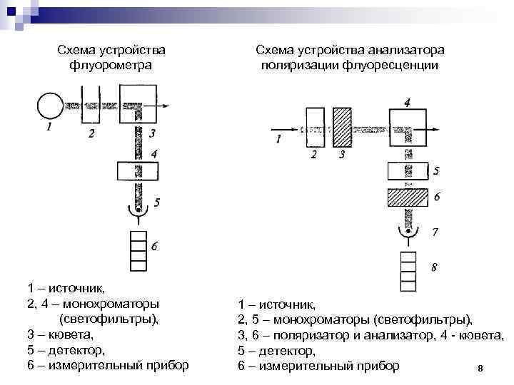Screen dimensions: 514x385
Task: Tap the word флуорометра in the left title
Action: [111, 65]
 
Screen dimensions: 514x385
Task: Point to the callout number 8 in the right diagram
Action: [435, 268]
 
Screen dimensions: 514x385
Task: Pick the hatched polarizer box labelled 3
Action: [343, 127]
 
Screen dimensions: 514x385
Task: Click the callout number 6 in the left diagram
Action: [155, 247]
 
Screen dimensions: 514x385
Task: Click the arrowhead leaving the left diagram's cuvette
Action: [166, 106]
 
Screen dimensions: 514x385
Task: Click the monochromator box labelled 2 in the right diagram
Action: [314, 127]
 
